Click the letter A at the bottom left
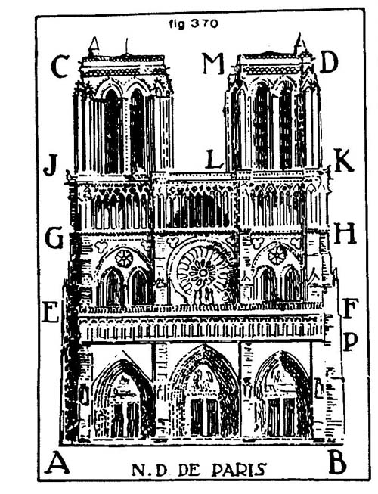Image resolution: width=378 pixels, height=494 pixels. click(58, 462)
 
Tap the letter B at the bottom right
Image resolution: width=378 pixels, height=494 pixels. click(337, 462)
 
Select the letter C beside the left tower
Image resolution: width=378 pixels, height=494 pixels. click(60, 67)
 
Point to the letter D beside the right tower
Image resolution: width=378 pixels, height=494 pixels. click(329, 62)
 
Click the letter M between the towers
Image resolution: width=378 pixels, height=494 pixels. click(213, 64)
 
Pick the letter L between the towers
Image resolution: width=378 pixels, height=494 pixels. click(215, 159)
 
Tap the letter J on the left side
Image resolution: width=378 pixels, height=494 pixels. click(51, 165)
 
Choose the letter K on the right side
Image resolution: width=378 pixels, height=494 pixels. click(344, 160)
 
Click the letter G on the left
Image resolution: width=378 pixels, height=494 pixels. click(54, 238)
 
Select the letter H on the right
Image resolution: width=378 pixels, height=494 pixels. click(345, 233)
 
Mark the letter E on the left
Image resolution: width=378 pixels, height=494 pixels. click(51, 312)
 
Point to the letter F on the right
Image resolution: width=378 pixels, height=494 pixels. click(351, 308)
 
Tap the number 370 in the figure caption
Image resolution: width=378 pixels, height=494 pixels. click(204, 23)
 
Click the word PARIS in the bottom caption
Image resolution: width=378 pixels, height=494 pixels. click(239, 470)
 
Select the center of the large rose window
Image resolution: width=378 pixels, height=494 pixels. click(203, 272)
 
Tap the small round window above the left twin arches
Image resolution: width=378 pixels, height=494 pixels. click(124, 258)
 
